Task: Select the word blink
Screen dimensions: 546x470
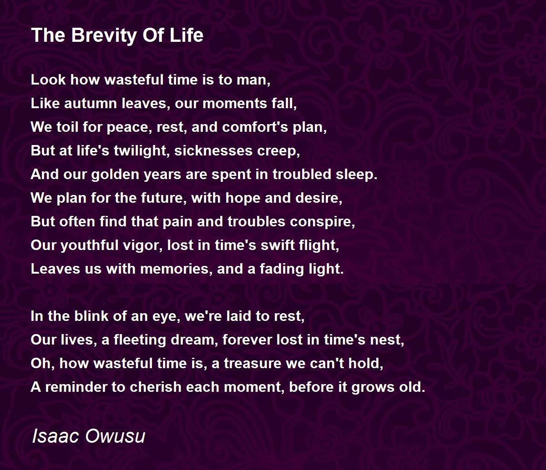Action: coord(91,316)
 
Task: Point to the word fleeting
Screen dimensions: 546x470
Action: coord(140,340)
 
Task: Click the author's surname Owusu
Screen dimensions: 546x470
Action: coord(116,436)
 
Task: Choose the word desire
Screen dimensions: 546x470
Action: coord(319,198)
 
